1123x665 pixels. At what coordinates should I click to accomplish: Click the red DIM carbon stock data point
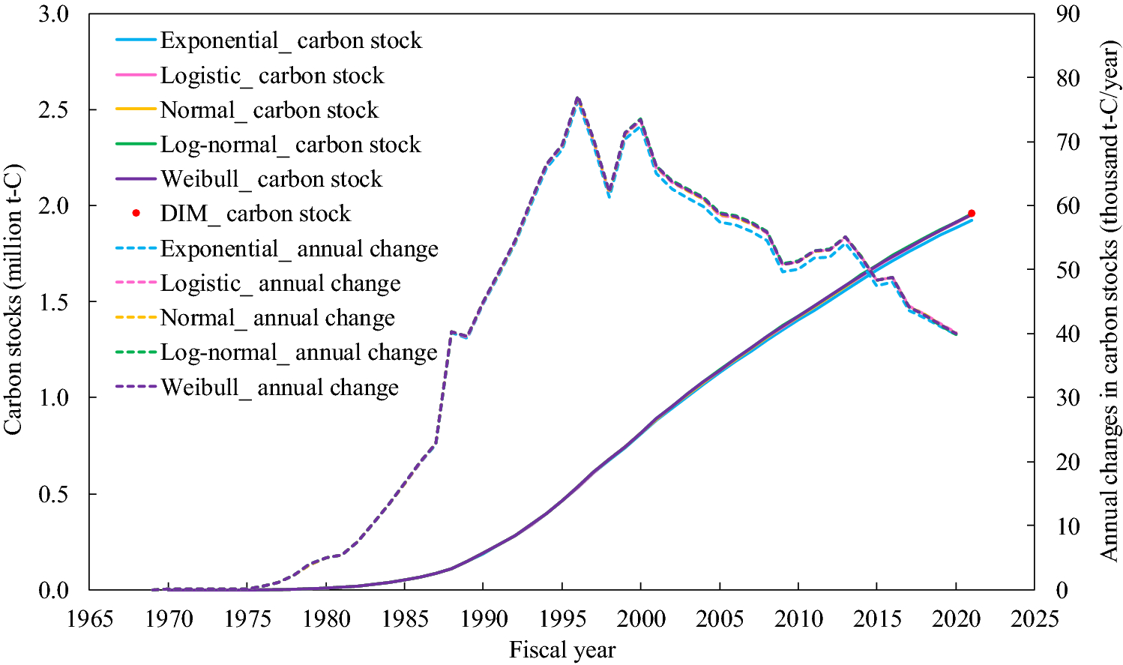point(972,214)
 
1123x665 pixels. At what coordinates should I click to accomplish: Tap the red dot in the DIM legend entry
point(136,214)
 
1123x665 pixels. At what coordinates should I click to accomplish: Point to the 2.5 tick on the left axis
point(53,110)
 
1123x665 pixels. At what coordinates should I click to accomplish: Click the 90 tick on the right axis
point(1068,14)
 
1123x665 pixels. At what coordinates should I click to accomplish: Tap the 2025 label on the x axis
point(1035,619)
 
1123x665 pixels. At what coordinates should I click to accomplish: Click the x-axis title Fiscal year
point(562,650)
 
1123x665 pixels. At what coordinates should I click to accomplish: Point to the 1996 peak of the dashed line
point(577,98)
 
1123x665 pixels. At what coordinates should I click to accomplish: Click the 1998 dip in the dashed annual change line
point(609,192)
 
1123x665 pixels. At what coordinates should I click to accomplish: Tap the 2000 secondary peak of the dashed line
point(640,120)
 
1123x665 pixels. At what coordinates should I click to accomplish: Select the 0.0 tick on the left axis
point(53,590)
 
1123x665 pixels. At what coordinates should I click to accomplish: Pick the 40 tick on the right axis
point(1068,334)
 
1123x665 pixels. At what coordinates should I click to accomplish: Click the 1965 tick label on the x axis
point(90,619)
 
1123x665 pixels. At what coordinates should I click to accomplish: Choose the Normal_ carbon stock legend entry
point(269,110)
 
